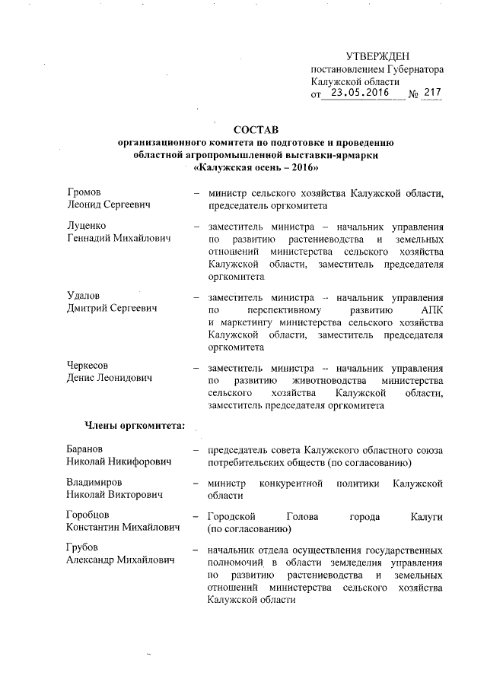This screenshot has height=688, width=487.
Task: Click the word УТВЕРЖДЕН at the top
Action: [x=378, y=56]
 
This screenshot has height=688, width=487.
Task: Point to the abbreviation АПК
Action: [x=431, y=311]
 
